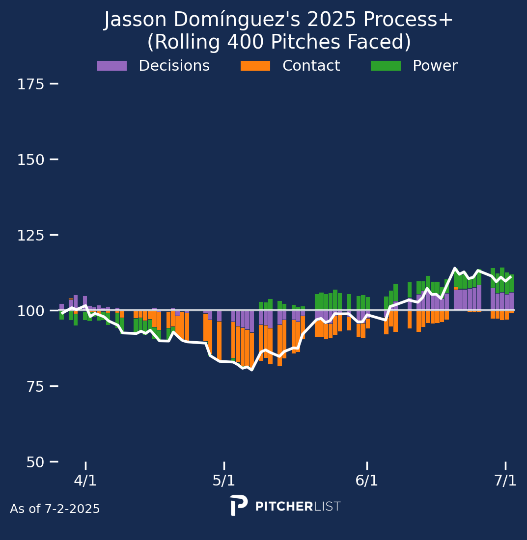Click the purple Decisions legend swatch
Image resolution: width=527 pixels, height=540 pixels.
[x=112, y=66]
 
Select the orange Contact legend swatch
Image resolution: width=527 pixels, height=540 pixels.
[x=255, y=66]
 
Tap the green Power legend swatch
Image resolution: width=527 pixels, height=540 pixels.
[x=386, y=66]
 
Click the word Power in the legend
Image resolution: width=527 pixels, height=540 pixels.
[x=435, y=66]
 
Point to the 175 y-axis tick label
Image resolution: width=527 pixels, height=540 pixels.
[x=31, y=84]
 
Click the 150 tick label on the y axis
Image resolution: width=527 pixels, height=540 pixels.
[x=31, y=160]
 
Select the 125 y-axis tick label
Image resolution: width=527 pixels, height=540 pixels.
[x=31, y=236]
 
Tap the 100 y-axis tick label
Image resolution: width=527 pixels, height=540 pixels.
[x=31, y=311]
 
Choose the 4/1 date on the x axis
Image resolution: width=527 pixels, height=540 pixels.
[x=85, y=481]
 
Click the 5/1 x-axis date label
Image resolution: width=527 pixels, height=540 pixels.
[x=224, y=481]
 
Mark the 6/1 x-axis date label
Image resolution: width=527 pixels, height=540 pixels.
[x=367, y=481]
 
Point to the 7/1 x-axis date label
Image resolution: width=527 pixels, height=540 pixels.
[x=505, y=481]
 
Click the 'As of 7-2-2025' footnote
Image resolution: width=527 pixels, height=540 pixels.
[x=55, y=510]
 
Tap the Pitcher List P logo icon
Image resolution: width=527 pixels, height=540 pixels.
[x=238, y=506]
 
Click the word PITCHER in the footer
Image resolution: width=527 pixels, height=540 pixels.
[x=284, y=507]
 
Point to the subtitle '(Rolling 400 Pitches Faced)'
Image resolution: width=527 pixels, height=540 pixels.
[x=279, y=42]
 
